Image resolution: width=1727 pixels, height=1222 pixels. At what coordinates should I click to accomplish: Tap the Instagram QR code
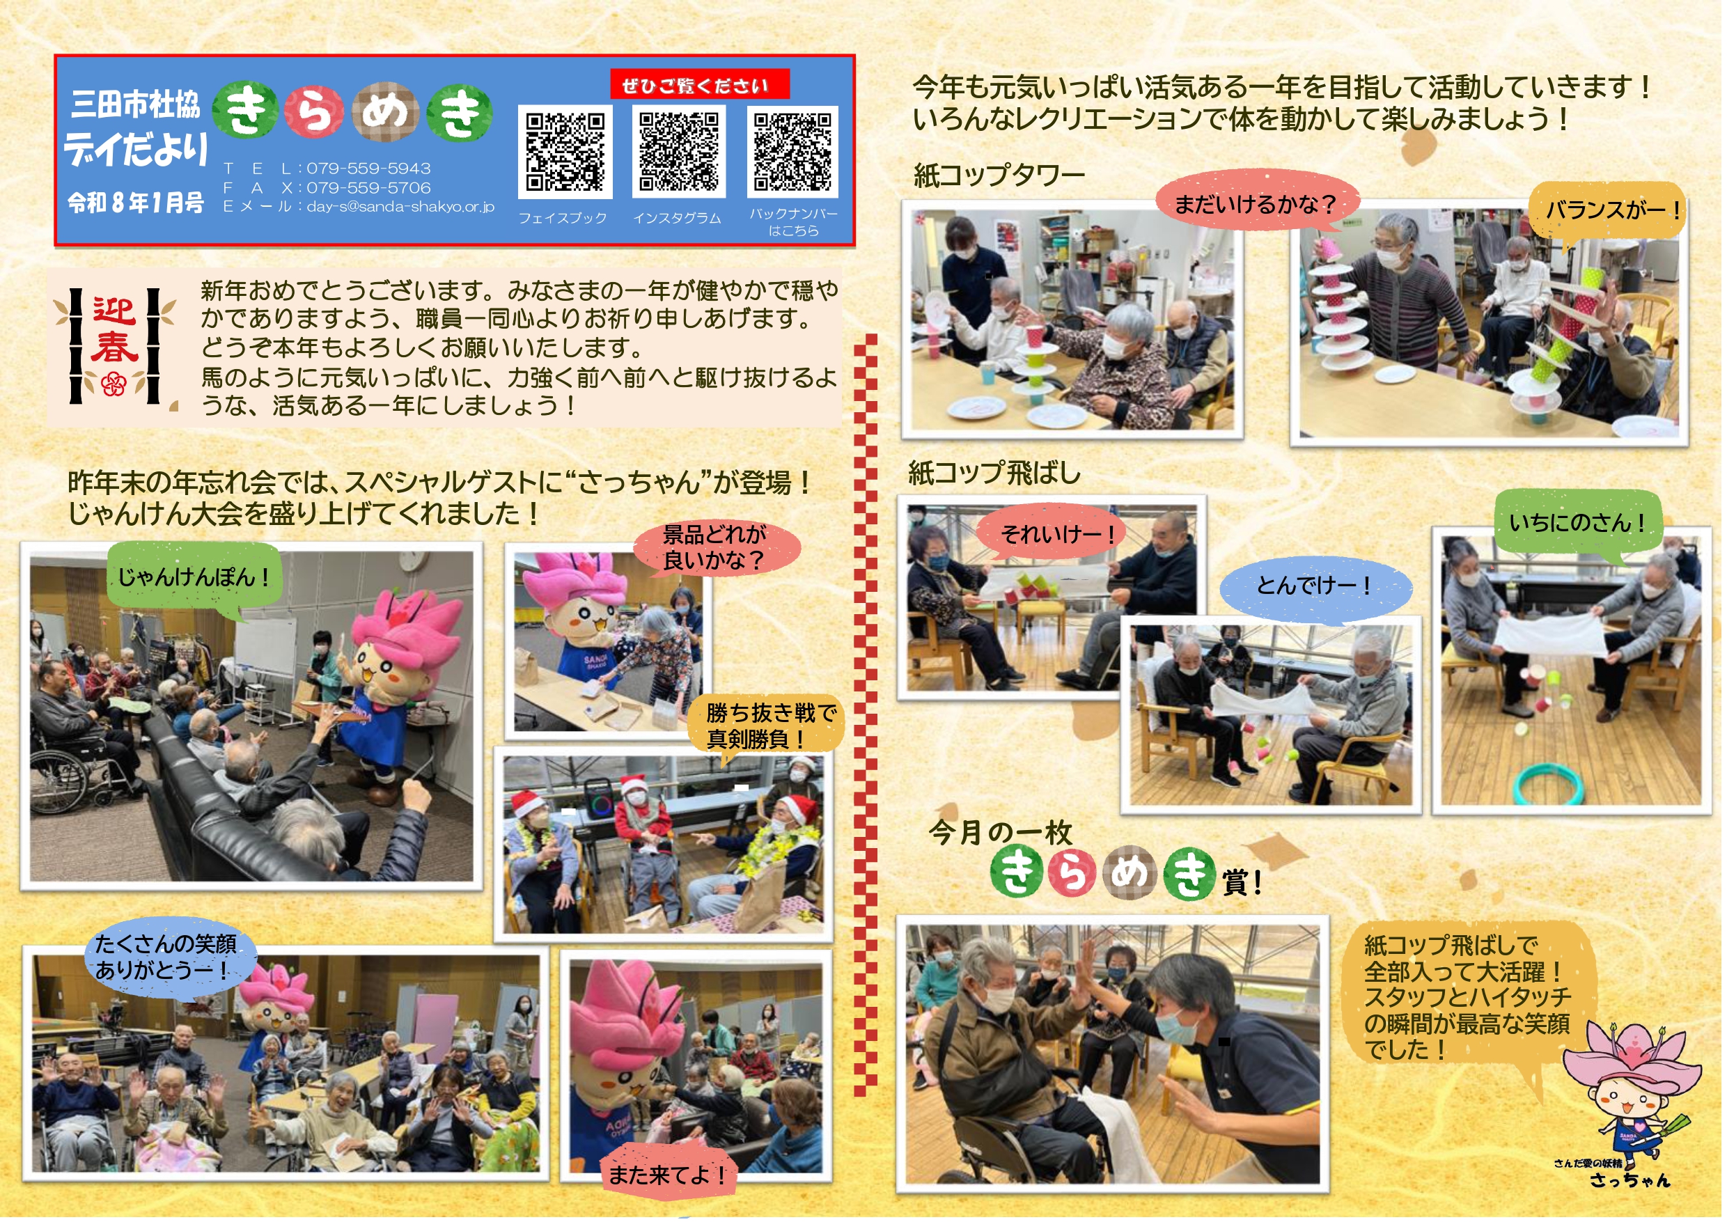click(679, 151)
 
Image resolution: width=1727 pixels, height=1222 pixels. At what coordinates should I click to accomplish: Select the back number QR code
click(793, 151)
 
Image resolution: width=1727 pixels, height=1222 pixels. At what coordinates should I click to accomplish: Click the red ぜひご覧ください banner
click(700, 84)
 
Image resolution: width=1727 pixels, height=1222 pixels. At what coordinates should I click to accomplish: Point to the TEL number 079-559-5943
click(368, 169)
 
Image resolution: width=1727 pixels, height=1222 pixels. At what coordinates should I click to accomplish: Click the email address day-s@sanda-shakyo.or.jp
click(400, 206)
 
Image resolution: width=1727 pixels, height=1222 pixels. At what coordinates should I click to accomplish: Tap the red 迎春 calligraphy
click(114, 329)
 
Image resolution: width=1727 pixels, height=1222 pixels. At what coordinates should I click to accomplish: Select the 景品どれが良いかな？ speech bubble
click(716, 548)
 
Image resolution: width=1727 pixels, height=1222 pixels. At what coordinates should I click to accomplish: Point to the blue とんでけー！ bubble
click(1315, 586)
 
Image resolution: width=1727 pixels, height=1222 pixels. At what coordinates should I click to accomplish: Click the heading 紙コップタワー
click(999, 175)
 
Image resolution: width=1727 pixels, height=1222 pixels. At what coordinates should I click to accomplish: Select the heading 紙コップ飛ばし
click(994, 473)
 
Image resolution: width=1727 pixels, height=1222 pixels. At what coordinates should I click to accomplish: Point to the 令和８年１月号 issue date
click(136, 203)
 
